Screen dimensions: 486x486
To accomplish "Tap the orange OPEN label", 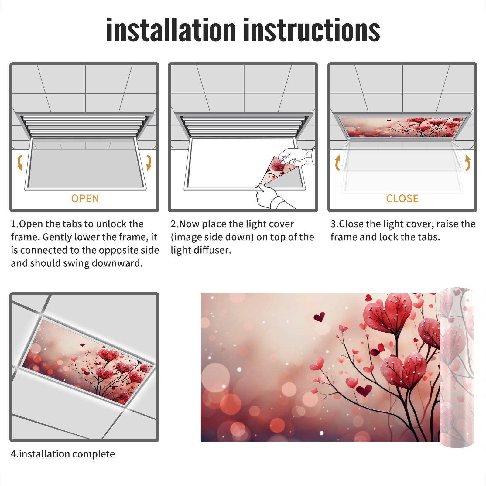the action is click(85, 199).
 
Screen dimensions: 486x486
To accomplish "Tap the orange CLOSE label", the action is click(402, 199).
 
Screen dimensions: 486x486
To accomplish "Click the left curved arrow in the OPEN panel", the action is click(20, 163).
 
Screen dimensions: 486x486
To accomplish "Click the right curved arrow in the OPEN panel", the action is click(149, 163).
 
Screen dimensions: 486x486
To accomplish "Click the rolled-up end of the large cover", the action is click(457, 368).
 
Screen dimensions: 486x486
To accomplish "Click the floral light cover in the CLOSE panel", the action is click(402, 127).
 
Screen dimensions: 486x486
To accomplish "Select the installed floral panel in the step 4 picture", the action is click(88, 361).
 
